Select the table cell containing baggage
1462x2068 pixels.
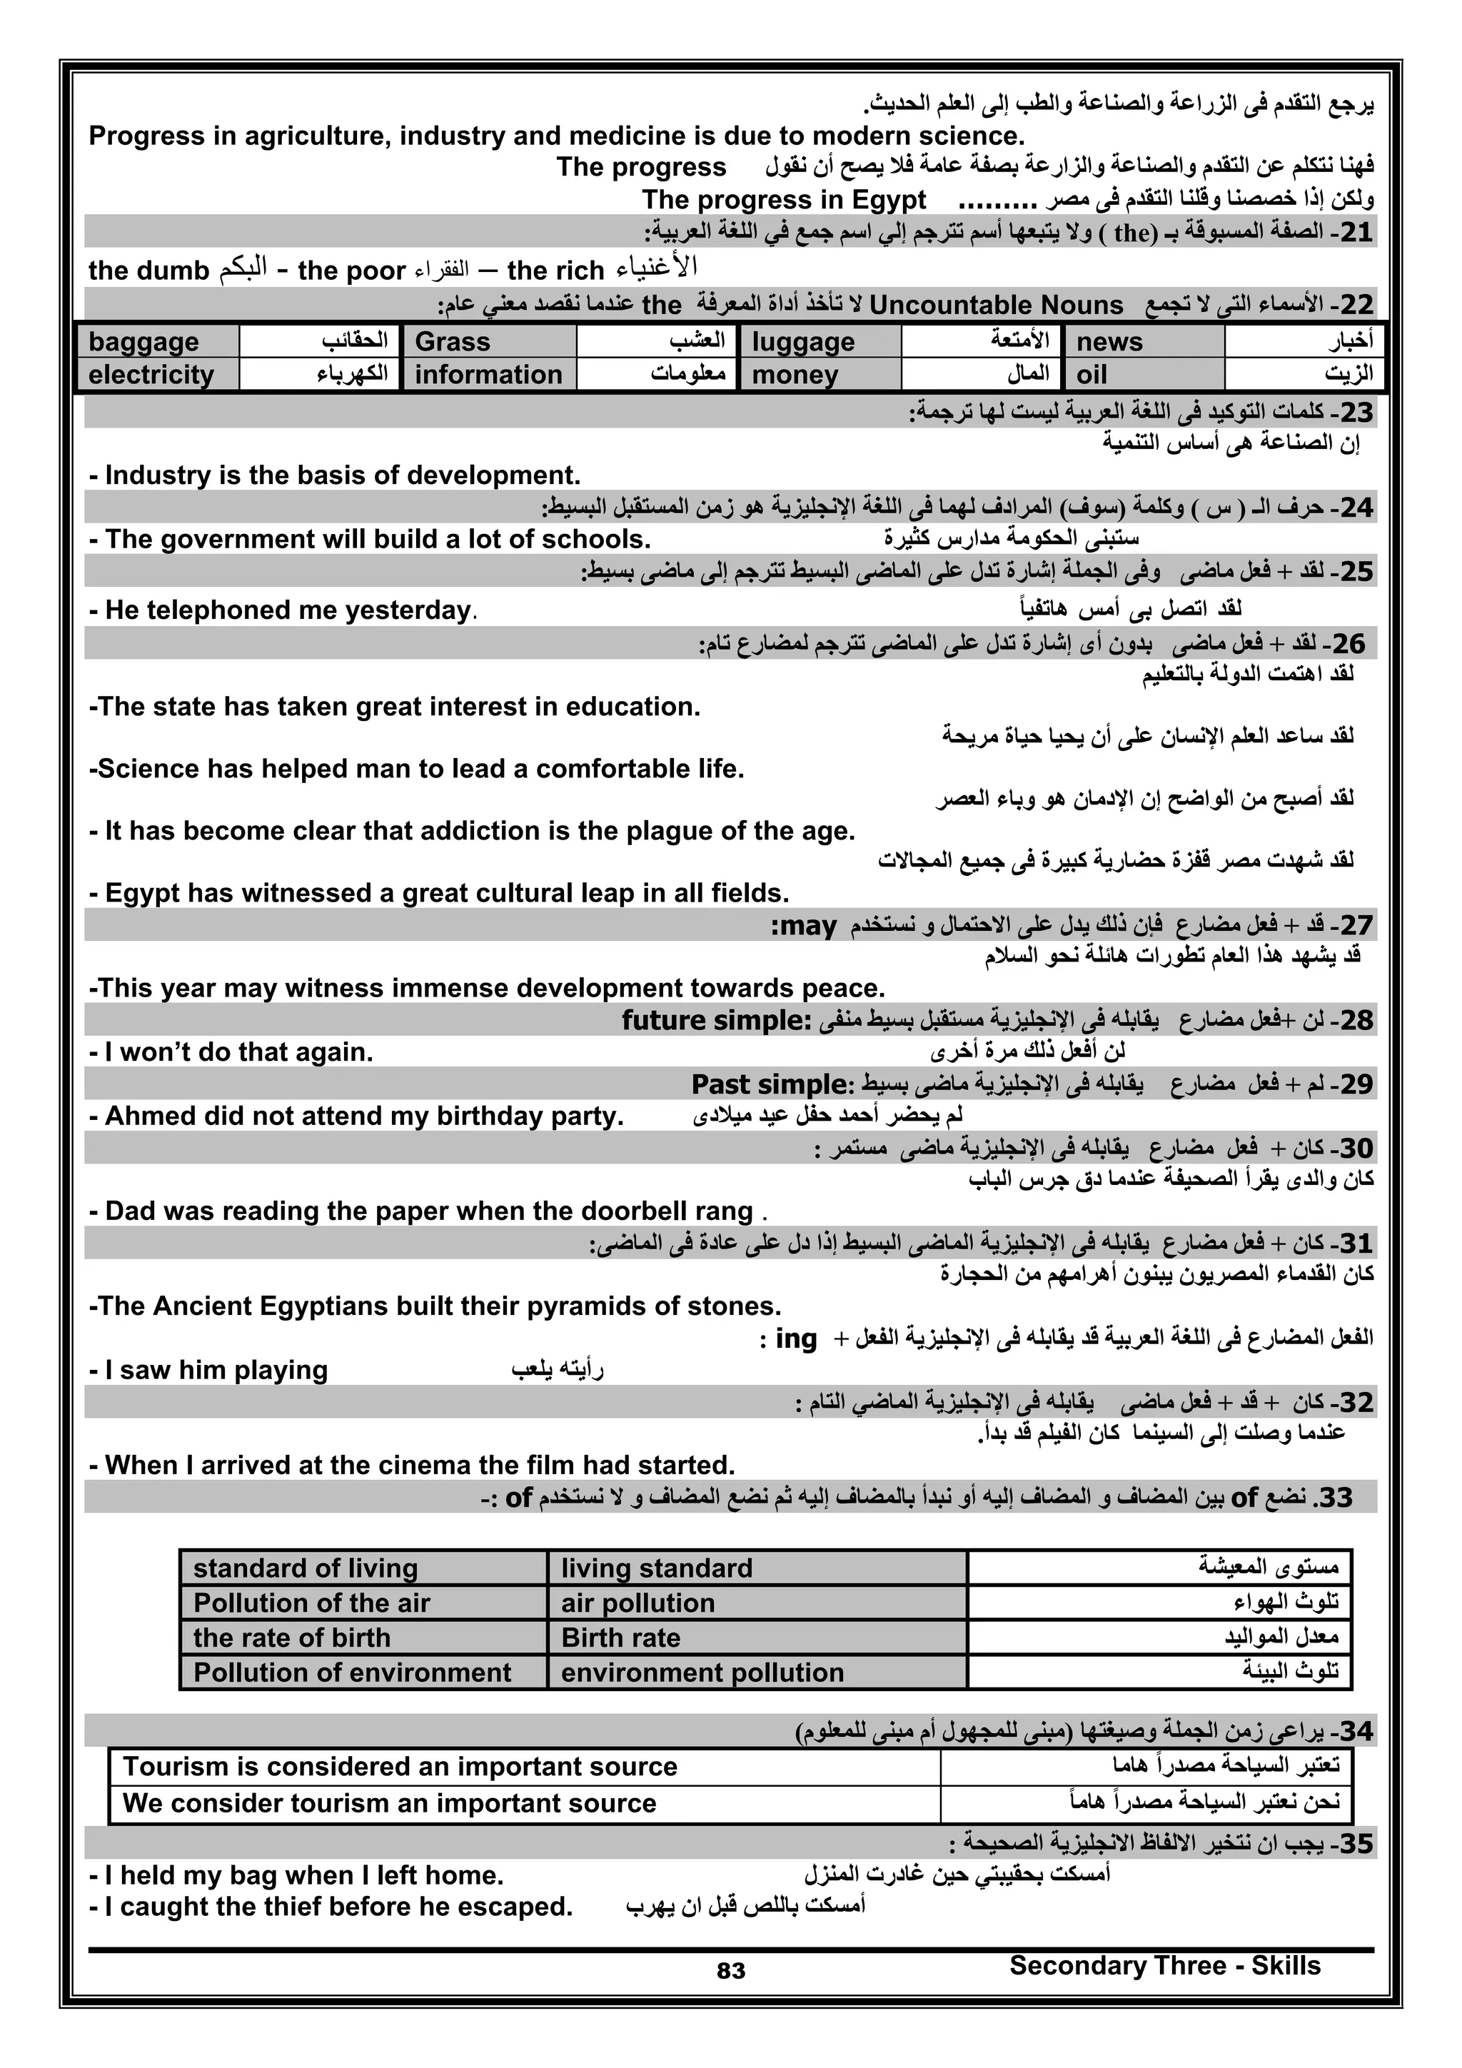[158, 342]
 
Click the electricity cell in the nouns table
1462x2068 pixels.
[158, 375]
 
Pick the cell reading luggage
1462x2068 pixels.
[819, 342]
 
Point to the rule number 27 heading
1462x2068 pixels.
[1356, 926]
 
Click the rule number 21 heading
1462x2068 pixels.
[1356, 233]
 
